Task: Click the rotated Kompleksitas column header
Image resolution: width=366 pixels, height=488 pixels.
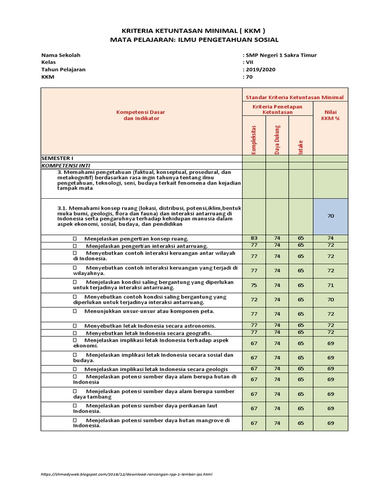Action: pos(254,140)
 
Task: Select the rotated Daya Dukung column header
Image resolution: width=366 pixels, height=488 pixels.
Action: pos(277,140)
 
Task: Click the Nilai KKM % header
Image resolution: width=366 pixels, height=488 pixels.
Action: pos(331,115)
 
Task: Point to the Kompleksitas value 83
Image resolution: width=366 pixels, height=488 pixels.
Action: pos(254,238)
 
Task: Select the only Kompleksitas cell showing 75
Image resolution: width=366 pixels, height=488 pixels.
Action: pos(254,285)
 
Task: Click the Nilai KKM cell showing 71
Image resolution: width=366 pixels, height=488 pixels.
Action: pos(331,285)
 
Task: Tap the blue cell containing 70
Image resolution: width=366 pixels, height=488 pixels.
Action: pos(331,216)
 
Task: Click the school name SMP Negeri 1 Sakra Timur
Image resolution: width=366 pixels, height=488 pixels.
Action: pos(281,55)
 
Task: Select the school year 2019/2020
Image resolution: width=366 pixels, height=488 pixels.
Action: pos(260,69)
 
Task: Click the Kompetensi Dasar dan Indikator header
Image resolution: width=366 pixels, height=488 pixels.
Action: pos(141,115)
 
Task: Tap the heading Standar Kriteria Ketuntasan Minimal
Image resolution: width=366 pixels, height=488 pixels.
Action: pos(295,97)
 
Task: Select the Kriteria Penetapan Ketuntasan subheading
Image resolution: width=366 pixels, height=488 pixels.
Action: pos(277,109)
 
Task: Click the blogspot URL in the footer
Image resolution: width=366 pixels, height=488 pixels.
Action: pos(126,474)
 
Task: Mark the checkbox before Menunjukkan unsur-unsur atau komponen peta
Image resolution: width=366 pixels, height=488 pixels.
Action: pos(75,311)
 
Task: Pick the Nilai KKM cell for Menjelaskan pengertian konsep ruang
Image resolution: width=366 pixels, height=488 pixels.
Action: pos(331,238)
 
